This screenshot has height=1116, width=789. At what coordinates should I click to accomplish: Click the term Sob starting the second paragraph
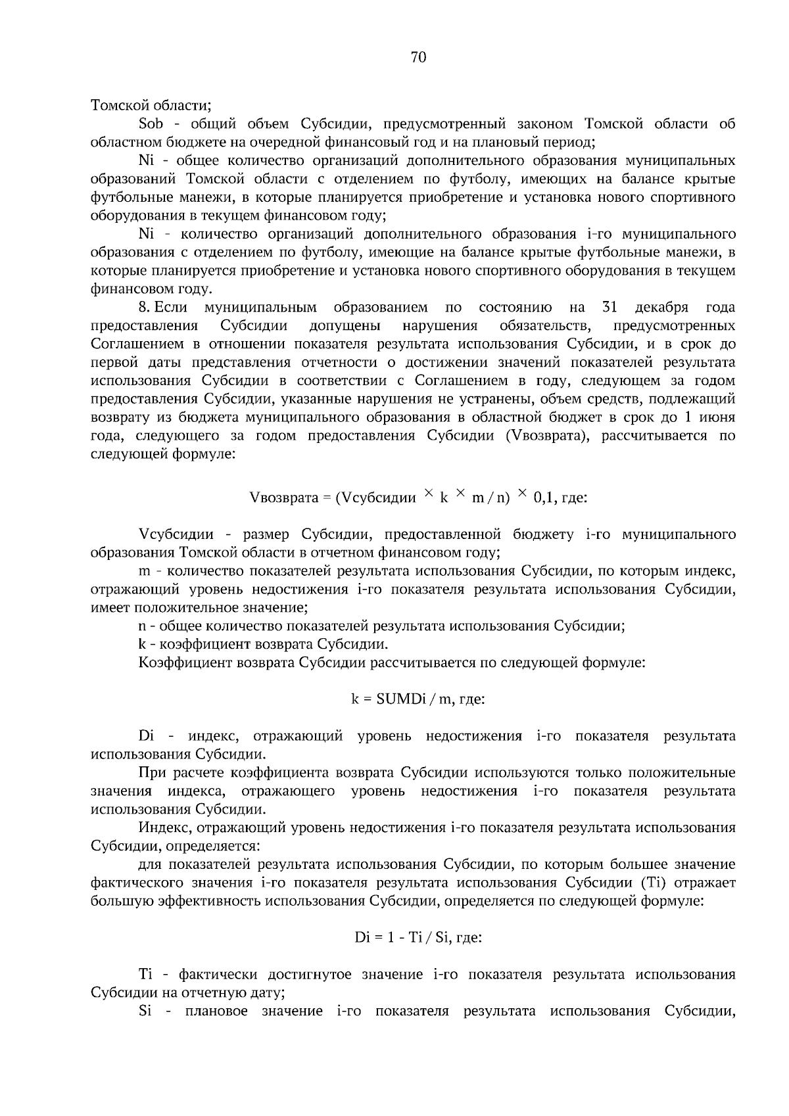[x=151, y=124]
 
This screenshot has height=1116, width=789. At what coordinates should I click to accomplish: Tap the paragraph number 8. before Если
[x=145, y=308]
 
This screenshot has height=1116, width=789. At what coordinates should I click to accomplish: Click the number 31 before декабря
[x=610, y=308]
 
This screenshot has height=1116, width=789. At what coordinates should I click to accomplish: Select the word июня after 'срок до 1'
[x=717, y=417]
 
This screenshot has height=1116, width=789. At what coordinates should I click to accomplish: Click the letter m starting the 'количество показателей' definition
[x=145, y=571]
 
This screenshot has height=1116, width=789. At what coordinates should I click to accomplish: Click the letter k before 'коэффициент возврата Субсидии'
[x=142, y=644]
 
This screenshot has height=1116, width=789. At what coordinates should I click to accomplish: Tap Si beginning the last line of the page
[x=145, y=1011]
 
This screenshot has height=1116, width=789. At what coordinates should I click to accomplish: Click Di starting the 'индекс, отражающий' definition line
[x=146, y=736]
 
